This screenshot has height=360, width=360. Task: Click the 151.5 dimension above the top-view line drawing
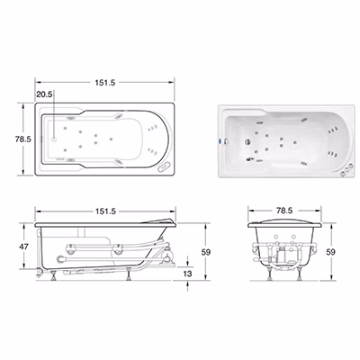pos(105,82)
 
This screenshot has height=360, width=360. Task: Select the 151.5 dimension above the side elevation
pos(105,211)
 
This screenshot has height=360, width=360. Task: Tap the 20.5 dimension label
pos(44,94)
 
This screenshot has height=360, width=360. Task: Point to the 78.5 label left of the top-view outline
pos(23,139)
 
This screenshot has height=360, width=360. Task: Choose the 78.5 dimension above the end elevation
pos(284,211)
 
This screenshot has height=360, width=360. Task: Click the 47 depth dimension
pos(23,247)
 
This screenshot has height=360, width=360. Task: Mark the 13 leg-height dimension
pos(187,274)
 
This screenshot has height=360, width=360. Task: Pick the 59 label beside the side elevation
pos(206,252)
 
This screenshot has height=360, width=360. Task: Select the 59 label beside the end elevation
pos(330,252)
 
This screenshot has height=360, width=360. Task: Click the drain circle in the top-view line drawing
pos(54,139)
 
